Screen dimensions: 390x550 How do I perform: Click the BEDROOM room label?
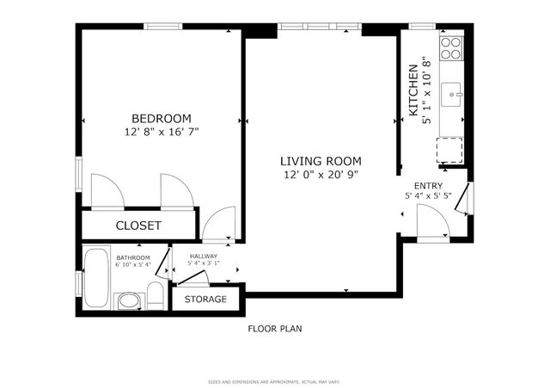(161, 119)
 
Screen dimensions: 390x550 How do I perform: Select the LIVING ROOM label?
(321, 161)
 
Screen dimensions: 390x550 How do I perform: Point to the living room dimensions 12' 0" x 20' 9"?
(321, 175)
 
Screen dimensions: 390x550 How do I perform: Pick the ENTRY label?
(429, 186)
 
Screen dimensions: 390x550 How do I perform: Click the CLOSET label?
(138, 226)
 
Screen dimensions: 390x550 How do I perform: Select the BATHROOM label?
(133, 257)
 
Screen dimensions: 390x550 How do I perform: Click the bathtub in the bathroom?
(97, 277)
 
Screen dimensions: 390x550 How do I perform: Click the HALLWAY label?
(204, 256)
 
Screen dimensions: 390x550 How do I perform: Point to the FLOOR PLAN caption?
(275, 329)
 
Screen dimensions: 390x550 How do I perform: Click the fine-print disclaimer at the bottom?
(275, 381)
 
